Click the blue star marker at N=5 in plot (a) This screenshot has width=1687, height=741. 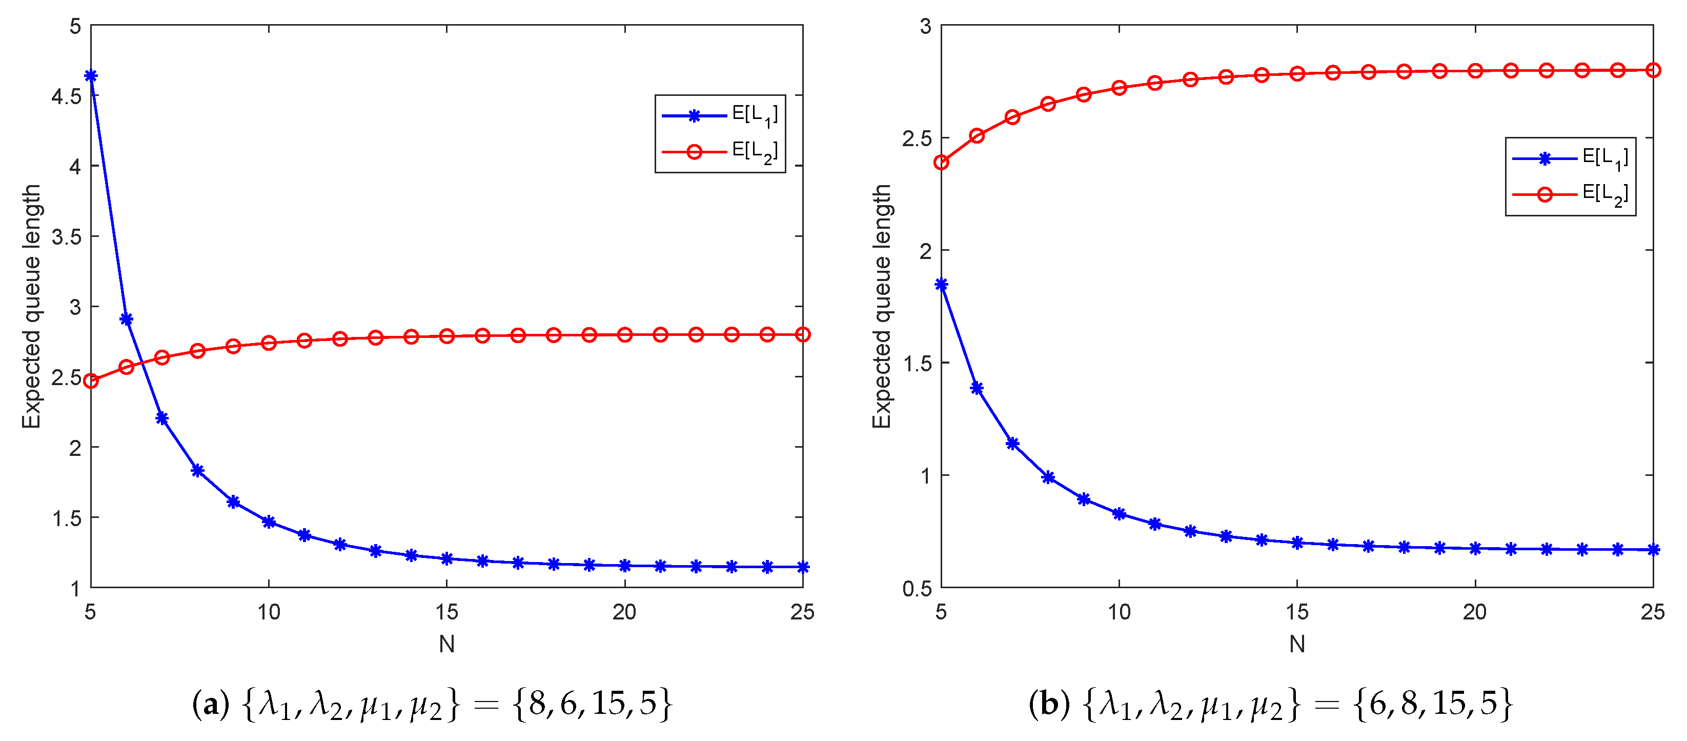coord(91,76)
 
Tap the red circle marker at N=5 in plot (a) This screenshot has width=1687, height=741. coord(91,380)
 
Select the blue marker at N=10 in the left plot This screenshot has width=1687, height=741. coord(269,522)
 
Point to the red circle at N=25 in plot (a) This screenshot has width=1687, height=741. coord(802,335)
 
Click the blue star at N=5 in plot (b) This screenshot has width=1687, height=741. coord(941,284)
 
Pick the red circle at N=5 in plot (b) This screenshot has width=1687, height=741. coord(941,162)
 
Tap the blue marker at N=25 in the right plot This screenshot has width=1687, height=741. coord(1653,550)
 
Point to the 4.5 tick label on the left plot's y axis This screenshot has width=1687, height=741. coord(66,96)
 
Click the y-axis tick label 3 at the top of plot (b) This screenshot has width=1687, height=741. coord(925,26)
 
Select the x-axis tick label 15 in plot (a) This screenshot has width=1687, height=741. coord(446,612)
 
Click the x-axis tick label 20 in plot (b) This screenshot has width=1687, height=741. coord(1475,612)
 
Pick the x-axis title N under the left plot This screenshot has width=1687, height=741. coord(446,645)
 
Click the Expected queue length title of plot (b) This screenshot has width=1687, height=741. coord(882,306)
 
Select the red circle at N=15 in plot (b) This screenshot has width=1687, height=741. coord(1297,74)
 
